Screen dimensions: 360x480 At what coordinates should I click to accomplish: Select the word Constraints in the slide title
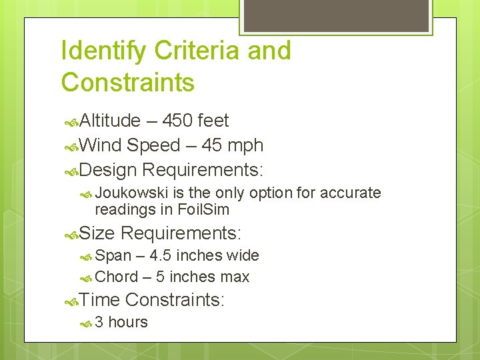(x=127, y=83)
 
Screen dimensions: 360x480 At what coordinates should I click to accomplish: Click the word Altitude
(x=110, y=121)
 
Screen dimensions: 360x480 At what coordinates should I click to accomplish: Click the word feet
(x=213, y=121)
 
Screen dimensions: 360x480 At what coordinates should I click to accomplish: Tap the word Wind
(x=100, y=145)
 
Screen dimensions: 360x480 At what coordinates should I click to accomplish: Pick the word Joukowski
(x=132, y=193)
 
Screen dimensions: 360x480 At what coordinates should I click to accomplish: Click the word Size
(x=97, y=233)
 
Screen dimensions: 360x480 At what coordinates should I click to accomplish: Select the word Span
(x=113, y=256)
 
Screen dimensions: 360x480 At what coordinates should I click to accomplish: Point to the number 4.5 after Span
(x=161, y=256)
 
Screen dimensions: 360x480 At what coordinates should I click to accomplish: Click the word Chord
(x=117, y=277)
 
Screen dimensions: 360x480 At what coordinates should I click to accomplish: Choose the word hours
(x=128, y=323)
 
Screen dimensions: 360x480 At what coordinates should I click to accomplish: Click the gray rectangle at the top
(x=336, y=15)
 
